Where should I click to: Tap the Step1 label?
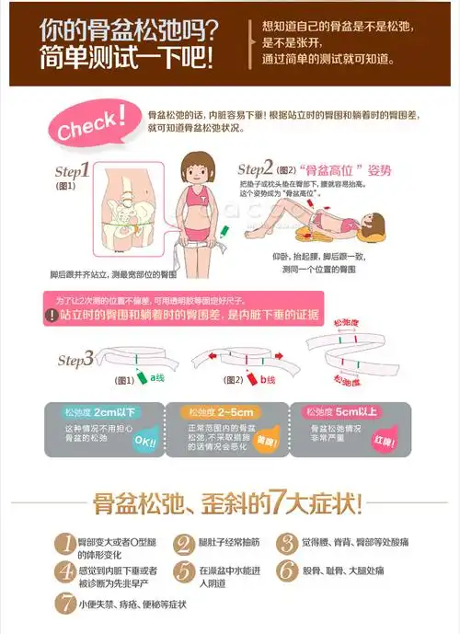[72, 171]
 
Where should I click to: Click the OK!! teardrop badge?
[144, 440]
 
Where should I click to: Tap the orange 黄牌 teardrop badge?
[268, 440]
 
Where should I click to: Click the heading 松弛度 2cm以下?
[89, 411]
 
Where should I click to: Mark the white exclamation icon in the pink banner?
[52, 316]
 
